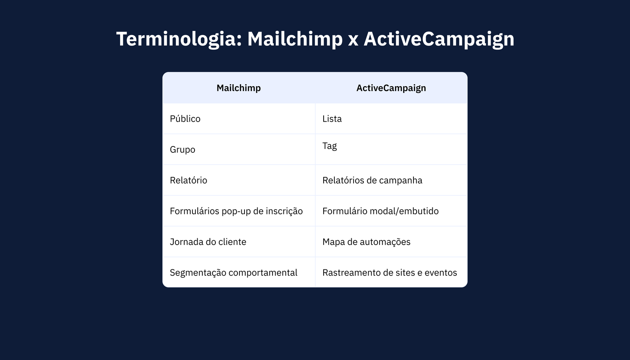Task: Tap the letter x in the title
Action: coord(353,41)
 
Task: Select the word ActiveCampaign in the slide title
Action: coord(439,39)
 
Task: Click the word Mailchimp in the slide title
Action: coord(295,39)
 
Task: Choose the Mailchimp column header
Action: coord(239,88)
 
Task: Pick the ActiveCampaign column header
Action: coord(391,88)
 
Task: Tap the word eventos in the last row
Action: coord(441,273)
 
